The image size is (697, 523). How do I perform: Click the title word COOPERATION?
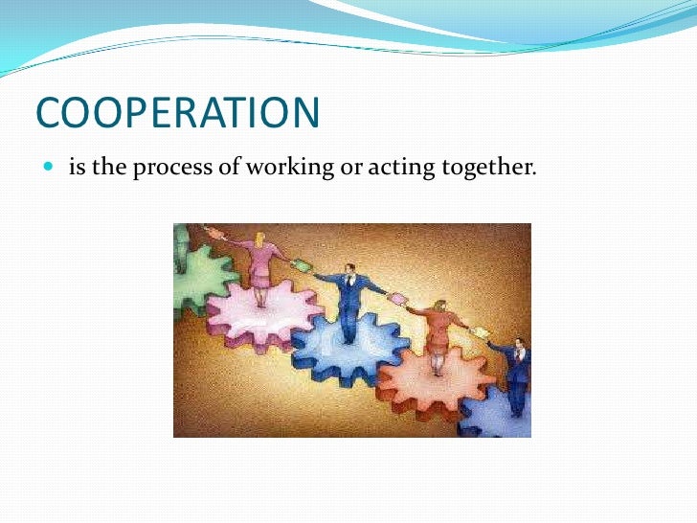coord(177,113)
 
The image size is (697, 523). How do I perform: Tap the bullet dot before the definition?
coord(48,169)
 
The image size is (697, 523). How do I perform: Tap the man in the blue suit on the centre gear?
coord(348,297)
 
